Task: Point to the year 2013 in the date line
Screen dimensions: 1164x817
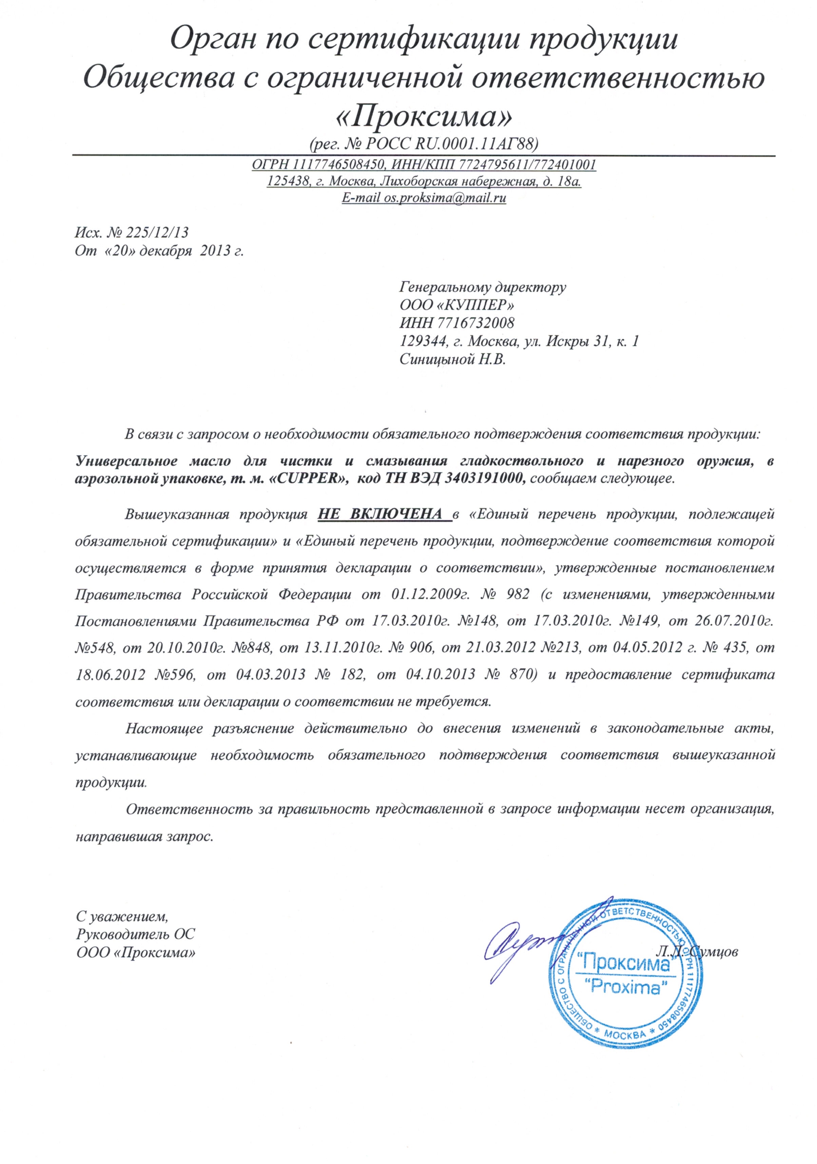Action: [x=216, y=251]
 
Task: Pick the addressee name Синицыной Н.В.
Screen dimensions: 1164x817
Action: [x=452, y=360]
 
